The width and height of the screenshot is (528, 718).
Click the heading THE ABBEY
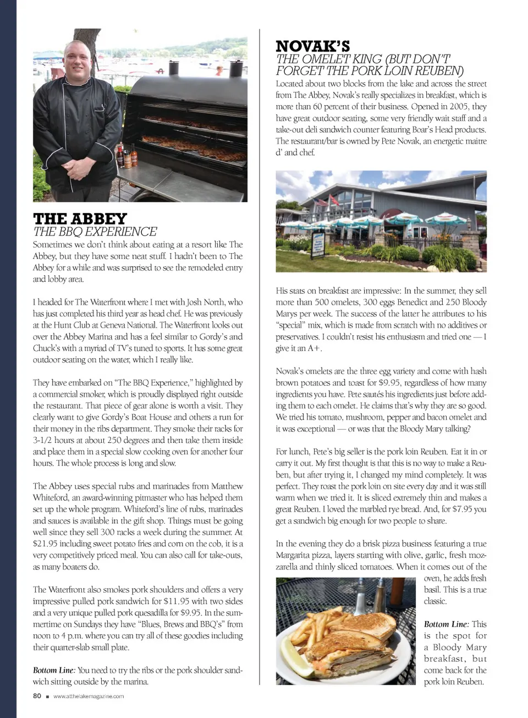(x=80, y=218)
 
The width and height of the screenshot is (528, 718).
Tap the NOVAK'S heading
(x=312, y=46)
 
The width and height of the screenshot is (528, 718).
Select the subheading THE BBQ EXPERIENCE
(x=95, y=232)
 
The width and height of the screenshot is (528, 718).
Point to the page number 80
(x=37, y=695)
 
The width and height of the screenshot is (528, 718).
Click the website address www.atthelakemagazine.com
(x=89, y=696)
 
